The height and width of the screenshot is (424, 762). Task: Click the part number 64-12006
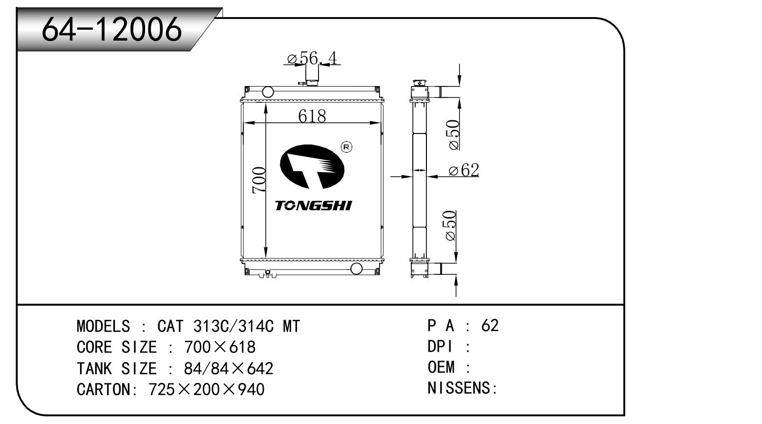[x=111, y=29]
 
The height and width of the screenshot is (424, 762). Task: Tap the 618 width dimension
[x=312, y=116]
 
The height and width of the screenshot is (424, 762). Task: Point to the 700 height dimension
[x=259, y=179]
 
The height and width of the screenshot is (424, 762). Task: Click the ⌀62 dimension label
[x=464, y=170]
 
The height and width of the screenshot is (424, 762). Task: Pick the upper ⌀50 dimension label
[x=453, y=134]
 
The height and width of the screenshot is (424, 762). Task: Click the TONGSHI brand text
[x=313, y=205]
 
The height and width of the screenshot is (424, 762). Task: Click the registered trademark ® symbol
[x=346, y=147]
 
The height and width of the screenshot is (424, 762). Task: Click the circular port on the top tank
[x=268, y=92]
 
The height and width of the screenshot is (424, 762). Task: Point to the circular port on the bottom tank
[x=357, y=268]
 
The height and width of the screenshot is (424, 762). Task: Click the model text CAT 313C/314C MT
[x=229, y=326]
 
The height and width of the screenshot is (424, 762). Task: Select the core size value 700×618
[x=220, y=347]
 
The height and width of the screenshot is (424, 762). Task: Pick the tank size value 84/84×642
[x=228, y=368]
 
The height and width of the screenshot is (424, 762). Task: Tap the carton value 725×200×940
[x=206, y=389]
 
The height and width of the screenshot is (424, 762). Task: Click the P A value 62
[x=489, y=325]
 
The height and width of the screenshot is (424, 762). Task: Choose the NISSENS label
[x=462, y=388]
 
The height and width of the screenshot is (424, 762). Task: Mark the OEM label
[x=442, y=367]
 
